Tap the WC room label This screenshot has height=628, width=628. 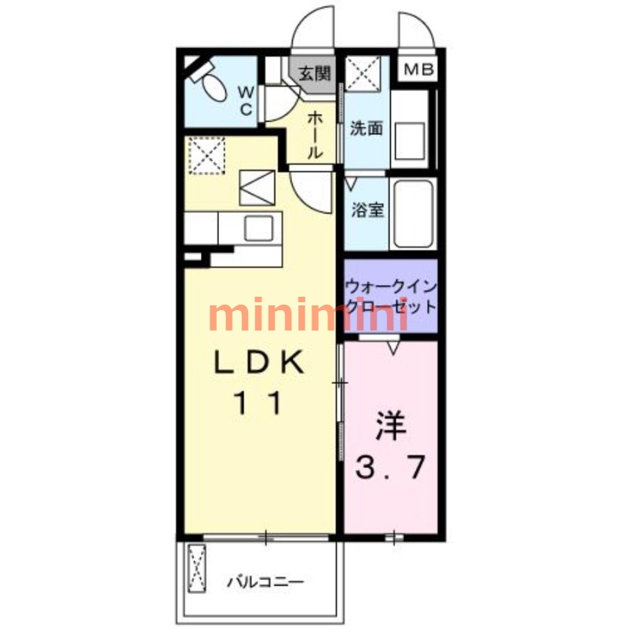[246, 101]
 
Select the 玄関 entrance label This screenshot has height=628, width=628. [316, 73]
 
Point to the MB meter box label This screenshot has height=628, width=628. [418, 70]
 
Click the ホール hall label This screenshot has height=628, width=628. [316, 134]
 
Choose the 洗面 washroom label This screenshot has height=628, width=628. [367, 128]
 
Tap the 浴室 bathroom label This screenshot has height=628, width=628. [367, 210]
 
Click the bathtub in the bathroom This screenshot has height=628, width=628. [414, 214]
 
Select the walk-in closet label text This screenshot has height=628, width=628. [390, 297]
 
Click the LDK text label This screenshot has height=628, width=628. [259, 362]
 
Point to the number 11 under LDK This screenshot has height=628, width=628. [258, 403]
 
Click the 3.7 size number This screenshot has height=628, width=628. [390, 467]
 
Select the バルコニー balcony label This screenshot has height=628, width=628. [266, 582]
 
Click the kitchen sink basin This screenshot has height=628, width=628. [259, 228]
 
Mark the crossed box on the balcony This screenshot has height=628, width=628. [197, 568]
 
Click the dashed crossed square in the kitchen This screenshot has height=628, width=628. [206, 155]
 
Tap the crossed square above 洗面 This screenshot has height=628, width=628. [363, 74]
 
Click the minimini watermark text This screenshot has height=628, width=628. [308, 314]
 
